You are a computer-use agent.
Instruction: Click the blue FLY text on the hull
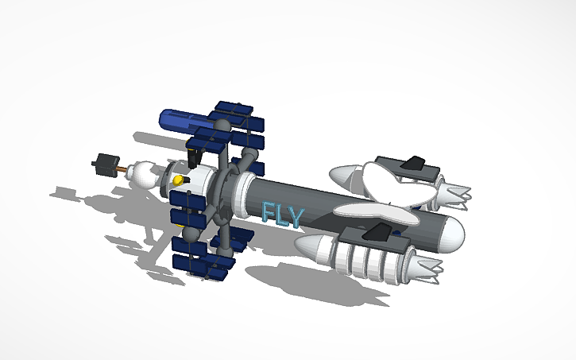[282, 214]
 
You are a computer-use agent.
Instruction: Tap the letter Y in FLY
[296, 217]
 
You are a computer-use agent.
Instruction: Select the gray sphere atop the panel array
[223, 125]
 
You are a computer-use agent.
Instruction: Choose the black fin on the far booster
[414, 163]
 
